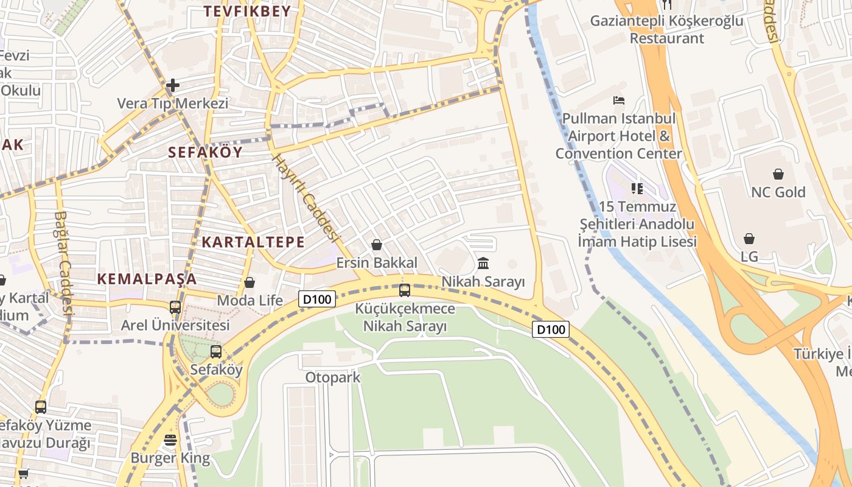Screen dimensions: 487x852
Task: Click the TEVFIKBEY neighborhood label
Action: tap(247, 11)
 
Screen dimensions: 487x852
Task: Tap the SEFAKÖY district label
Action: tap(205, 152)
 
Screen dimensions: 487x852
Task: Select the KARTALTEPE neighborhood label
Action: tap(253, 242)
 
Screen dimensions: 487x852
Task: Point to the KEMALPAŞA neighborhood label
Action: tap(147, 279)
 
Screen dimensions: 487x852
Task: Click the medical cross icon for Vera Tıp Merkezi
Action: tap(173, 85)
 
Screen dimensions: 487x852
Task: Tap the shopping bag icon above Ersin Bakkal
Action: tap(377, 245)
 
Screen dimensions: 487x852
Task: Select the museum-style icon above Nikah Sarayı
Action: tap(483, 264)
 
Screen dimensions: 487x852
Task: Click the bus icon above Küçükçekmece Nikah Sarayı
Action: tap(405, 290)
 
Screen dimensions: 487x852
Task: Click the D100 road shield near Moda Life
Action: tap(317, 298)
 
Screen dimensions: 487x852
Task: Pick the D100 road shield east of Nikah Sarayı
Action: tap(551, 329)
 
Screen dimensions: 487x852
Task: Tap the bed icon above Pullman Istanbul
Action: tap(619, 100)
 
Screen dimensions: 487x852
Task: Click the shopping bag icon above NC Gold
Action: tap(778, 174)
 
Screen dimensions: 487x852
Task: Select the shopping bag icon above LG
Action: tap(749, 239)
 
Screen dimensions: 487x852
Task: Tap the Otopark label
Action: tap(333, 377)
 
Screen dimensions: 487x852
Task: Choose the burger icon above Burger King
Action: tap(170, 440)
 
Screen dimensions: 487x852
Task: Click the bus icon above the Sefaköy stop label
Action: tap(215, 351)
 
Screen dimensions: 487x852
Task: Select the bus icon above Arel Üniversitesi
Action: tap(175, 307)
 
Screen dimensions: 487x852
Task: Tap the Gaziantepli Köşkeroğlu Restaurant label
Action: tap(666, 29)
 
